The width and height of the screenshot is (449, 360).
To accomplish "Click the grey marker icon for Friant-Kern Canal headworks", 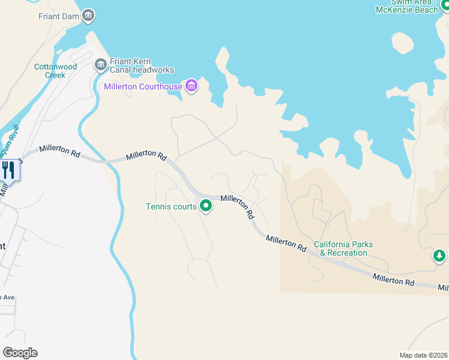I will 100,64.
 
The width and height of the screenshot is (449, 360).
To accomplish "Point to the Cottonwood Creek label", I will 55,71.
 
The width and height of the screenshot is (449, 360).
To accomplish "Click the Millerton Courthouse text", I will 143,86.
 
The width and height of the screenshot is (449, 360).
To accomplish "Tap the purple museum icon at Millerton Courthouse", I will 191,86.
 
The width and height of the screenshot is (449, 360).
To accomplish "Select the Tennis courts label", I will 171,206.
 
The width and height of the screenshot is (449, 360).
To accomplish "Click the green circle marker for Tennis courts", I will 206,206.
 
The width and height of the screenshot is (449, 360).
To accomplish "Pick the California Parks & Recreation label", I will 343,248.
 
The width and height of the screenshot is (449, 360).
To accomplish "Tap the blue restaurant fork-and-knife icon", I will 9,170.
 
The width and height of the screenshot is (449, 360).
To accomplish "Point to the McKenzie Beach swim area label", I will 406,6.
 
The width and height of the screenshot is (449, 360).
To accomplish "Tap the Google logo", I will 20,353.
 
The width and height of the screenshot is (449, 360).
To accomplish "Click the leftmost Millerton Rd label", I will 59,152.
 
